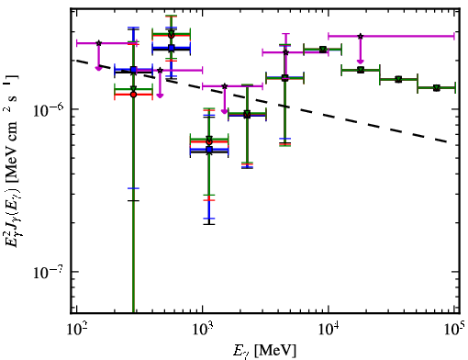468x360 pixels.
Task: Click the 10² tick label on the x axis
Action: click(x=76, y=330)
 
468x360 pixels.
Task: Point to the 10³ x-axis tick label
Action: click(x=203, y=330)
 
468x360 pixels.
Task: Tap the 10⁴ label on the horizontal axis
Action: click(x=329, y=330)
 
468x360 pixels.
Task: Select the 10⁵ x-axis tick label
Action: click(x=454, y=330)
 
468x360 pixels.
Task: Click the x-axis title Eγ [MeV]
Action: click(x=264, y=351)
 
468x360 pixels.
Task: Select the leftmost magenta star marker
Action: click(x=98, y=43)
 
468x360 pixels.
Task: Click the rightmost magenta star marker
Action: click(x=361, y=36)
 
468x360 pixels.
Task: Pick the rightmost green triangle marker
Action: click(x=437, y=88)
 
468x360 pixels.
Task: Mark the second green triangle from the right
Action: click(x=398, y=79)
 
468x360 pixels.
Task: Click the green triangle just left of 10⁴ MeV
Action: click(x=323, y=50)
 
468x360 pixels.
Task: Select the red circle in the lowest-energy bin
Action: click(x=133, y=95)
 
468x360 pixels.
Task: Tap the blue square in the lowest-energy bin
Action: click(x=133, y=70)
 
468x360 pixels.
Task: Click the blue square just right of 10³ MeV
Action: click(x=209, y=150)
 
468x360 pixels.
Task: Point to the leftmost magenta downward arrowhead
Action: click(x=98, y=68)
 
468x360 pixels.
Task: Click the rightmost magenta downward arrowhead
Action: click(x=361, y=62)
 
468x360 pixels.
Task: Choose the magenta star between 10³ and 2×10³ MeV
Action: click(x=225, y=86)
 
